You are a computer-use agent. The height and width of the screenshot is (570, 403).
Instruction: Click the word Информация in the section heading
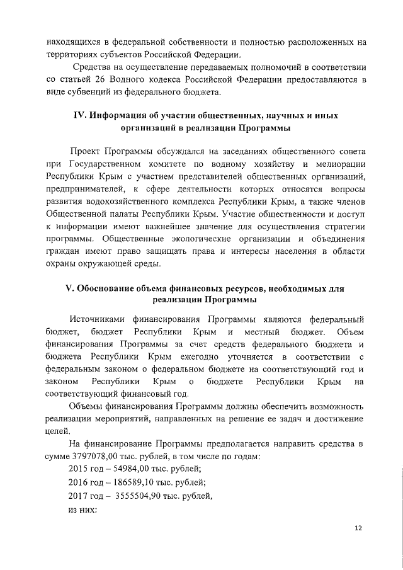[x=122, y=116]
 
